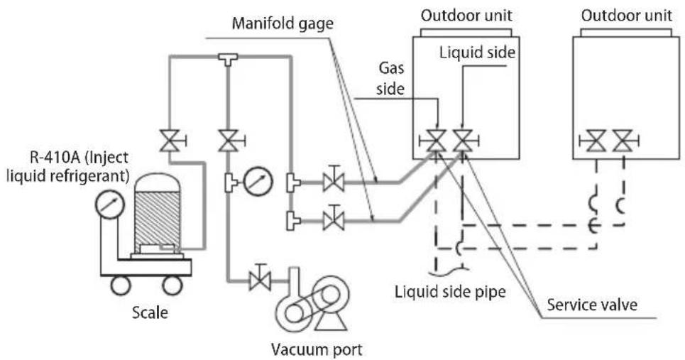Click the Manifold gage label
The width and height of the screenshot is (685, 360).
tap(283, 23)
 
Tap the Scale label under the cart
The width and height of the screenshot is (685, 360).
tap(150, 312)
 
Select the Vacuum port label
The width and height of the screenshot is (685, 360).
tap(317, 349)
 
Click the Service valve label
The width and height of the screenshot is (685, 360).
tap(592, 305)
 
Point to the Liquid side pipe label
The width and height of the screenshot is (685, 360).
tap(450, 291)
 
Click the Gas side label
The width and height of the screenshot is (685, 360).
tap(391, 79)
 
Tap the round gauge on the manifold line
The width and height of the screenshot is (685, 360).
tap(258, 181)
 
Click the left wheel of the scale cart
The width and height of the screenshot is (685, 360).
tap(120, 285)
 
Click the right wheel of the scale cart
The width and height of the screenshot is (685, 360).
tap(172, 285)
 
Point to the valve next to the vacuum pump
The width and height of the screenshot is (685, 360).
tap(260, 278)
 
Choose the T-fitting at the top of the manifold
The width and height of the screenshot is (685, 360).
tap(228, 59)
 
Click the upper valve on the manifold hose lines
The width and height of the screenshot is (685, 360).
tap(334, 180)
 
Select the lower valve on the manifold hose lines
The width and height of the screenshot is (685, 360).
tap(334, 219)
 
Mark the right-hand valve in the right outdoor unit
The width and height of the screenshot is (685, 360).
tap(625, 141)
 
